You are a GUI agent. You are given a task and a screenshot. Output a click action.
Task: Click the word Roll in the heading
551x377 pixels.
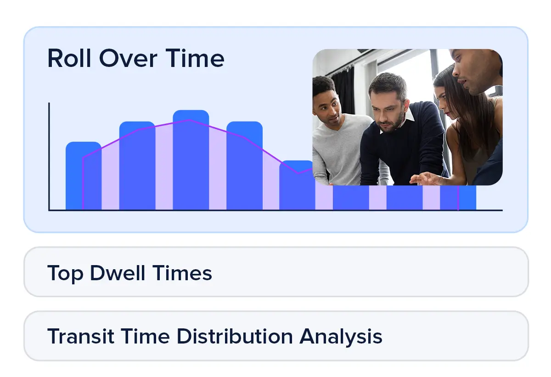[x=69, y=58]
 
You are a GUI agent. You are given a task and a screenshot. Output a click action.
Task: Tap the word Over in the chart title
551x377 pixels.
[x=128, y=58]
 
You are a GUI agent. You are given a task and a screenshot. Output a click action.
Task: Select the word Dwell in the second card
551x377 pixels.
[x=118, y=272]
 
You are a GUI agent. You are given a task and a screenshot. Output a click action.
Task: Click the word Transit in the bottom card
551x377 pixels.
[x=80, y=336]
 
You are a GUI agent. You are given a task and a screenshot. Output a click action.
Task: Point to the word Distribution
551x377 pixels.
[x=235, y=336]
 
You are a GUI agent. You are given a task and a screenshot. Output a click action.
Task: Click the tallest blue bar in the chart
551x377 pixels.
[x=191, y=160]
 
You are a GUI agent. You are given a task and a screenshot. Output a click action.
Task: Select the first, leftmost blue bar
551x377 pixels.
[x=84, y=176]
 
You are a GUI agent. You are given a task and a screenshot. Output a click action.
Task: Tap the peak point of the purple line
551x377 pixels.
[x=189, y=120]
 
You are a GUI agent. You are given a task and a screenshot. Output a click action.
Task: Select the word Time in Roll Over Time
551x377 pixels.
[x=195, y=58]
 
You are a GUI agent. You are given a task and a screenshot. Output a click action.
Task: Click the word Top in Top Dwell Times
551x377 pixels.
[x=65, y=273]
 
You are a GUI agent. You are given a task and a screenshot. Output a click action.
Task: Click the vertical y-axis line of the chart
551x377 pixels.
[x=49, y=156]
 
